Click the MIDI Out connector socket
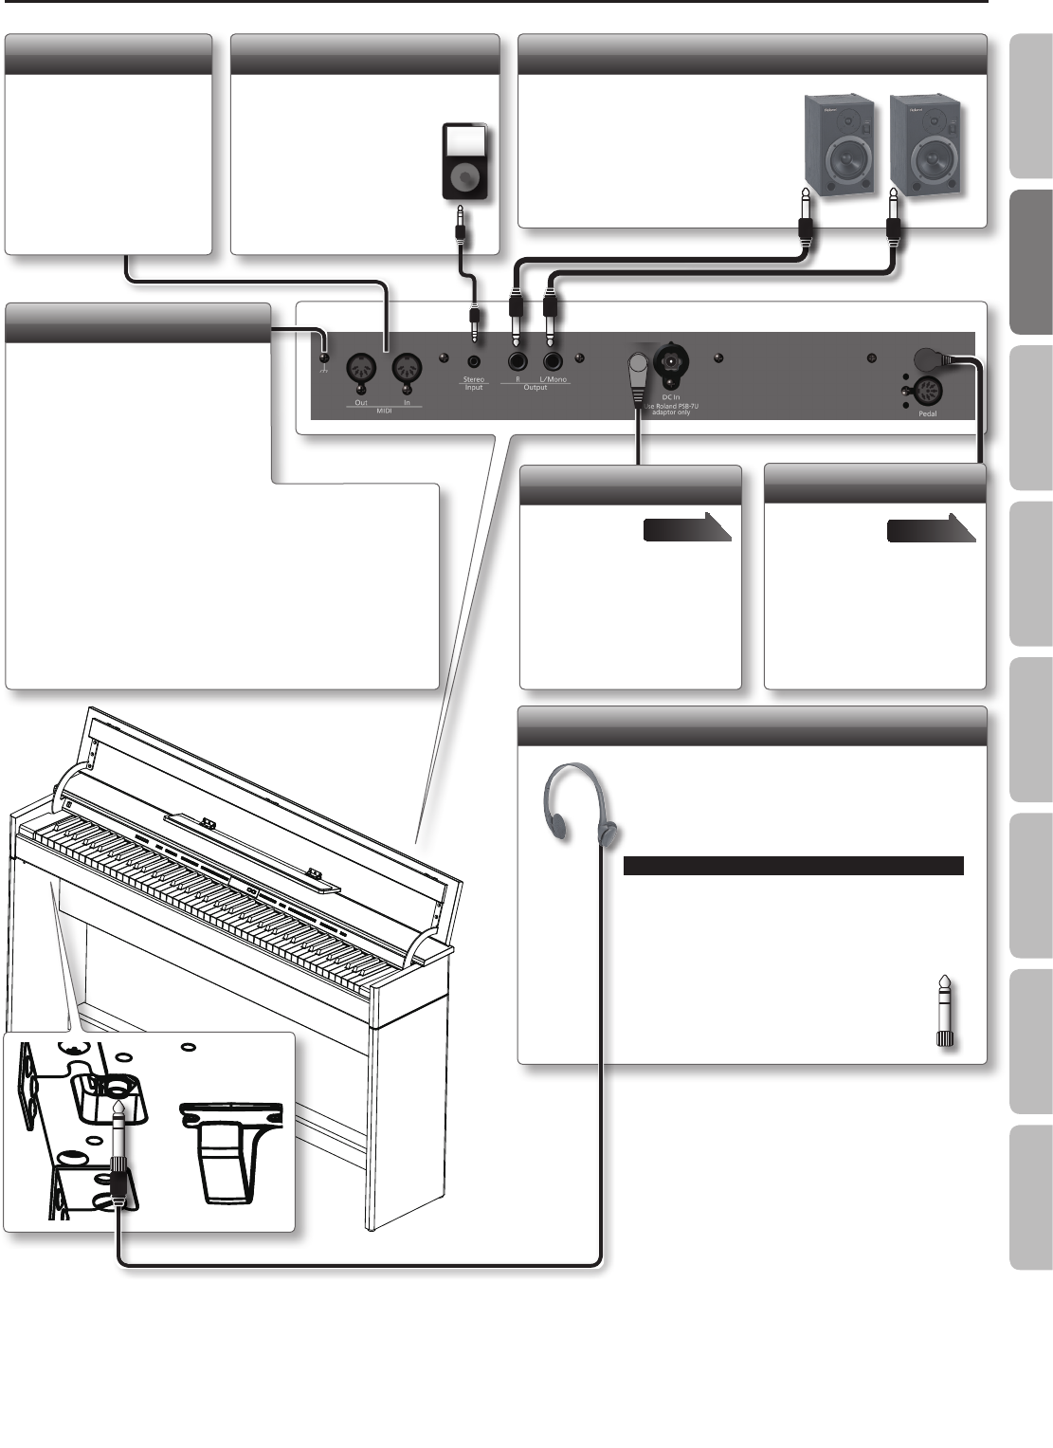point(361,368)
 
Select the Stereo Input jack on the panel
point(473,360)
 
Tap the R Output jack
point(517,360)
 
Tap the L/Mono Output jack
point(554,360)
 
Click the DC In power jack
point(671,360)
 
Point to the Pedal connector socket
point(925,391)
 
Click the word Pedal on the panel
point(927,413)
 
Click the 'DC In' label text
point(670,397)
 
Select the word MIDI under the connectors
point(384,412)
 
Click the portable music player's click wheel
point(464,177)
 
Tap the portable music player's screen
point(464,142)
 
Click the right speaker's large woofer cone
point(925,157)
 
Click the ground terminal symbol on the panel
point(323,358)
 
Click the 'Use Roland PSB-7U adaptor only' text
point(670,409)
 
